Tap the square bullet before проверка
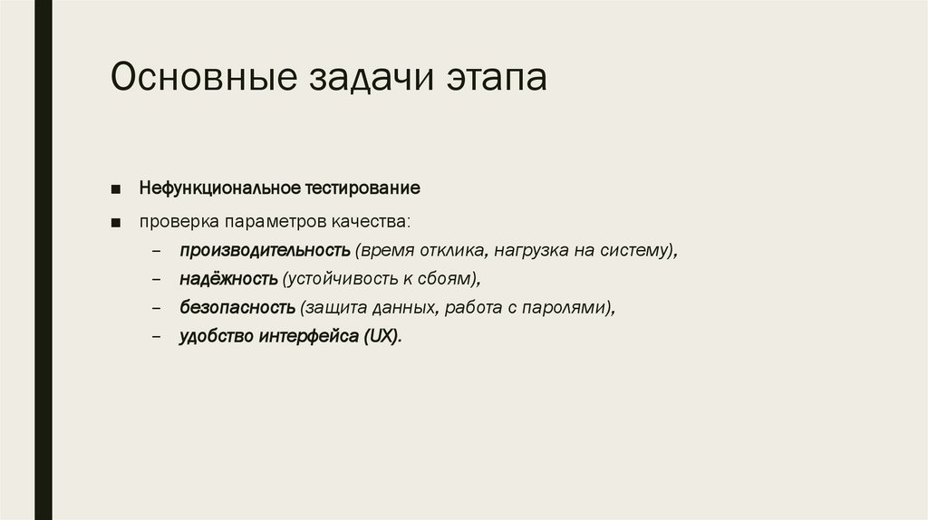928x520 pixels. point(117,222)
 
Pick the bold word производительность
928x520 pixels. point(265,250)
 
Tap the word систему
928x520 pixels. point(638,250)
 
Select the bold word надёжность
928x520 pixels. point(227,278)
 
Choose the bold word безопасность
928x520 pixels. point(237,307)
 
